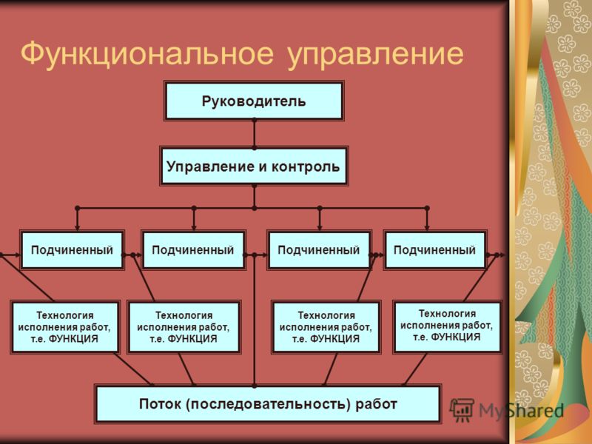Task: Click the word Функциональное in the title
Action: (147, 53)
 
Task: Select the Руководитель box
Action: (254, 101)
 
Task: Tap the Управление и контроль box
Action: (254, 166)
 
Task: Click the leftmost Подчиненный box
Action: (72, 250)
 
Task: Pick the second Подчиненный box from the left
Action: (193, 250)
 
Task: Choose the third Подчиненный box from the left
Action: (319, 250)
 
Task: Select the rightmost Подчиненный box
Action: (435, 250)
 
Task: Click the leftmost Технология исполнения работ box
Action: (65, 327)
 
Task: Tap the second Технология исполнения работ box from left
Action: (184, 327)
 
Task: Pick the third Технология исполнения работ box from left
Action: (326, 327)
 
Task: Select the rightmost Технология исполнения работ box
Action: (447, 326)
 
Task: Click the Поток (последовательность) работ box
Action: (268, 404)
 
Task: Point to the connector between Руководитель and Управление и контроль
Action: (254, 134)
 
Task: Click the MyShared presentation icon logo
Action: (461, 410)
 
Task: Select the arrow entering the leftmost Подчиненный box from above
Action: (78, 219)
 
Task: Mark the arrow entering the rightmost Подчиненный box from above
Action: (427, 219)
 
